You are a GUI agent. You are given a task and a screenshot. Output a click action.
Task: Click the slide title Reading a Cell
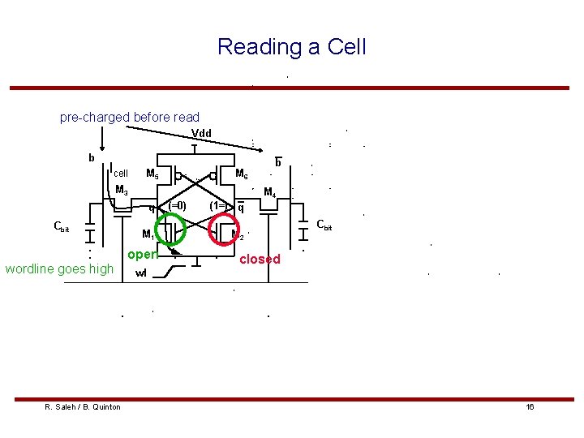pos(291,46)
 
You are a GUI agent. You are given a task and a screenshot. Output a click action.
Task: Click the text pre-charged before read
pos(130,118)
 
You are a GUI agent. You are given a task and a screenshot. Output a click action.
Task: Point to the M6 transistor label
pos(242,174)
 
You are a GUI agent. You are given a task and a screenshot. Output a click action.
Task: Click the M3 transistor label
pos(122,191)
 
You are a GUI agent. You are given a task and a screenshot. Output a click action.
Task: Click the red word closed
pos(260,260)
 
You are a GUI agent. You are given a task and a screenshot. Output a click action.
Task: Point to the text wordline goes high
pos(59,268)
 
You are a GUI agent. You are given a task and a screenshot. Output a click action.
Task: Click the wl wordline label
pos(141,273)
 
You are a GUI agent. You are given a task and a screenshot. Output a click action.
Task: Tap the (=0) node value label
pos(177,206)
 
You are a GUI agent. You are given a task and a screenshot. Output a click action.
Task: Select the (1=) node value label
pos(218,206)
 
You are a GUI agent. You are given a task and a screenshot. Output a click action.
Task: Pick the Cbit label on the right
pos(324,225)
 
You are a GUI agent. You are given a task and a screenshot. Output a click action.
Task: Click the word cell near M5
pos(121,174)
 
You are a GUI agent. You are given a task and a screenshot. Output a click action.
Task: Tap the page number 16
pos(530,406)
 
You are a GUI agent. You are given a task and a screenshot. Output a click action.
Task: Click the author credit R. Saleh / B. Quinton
pos(83,406)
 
